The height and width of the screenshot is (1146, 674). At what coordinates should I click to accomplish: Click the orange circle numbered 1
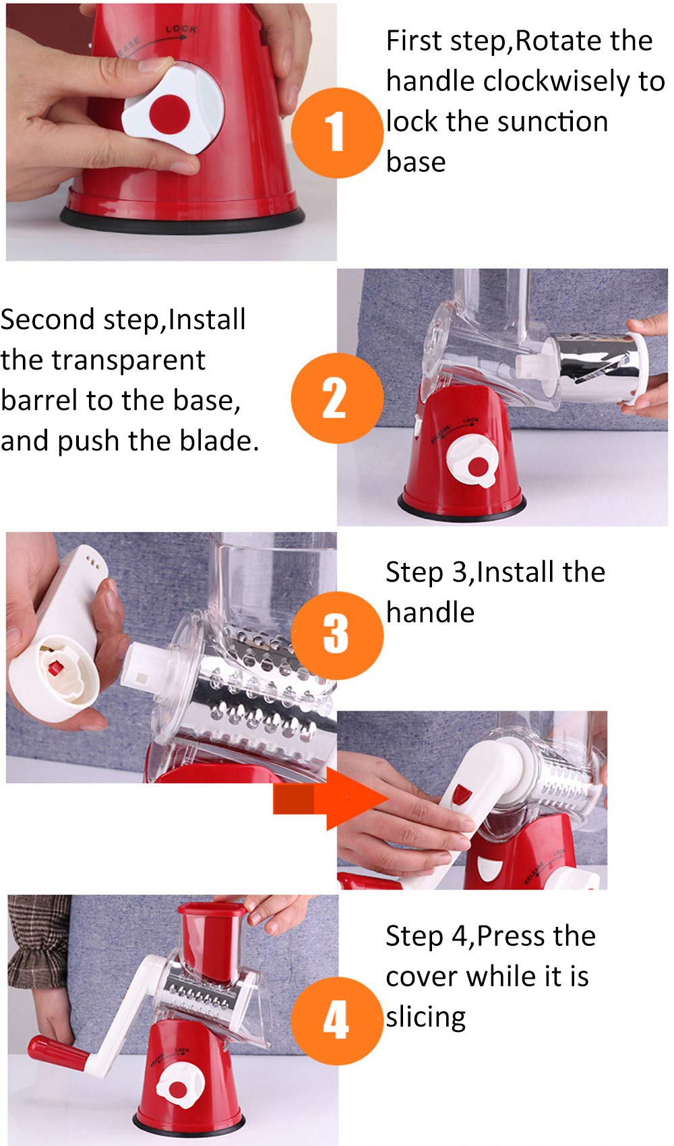point(337,133)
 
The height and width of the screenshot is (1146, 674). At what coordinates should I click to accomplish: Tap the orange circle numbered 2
point(337,398)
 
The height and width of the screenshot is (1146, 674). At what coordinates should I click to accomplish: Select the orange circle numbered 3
point(337,636)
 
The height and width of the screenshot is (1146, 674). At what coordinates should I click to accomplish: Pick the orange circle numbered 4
point(337,1021)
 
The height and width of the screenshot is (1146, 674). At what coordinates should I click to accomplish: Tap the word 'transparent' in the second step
point(128,360)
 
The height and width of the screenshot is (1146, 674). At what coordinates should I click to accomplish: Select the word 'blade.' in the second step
point(219,440)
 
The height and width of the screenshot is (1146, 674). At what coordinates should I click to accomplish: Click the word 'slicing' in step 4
point(425,1017)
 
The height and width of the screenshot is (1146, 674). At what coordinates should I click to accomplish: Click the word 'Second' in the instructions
point(47,320)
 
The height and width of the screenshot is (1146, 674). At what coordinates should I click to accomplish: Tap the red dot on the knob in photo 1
point(170,114)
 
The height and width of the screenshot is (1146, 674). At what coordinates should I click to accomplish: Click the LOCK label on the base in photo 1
point(181,29)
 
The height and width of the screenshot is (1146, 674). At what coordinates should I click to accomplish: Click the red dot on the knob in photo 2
point(478,466)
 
